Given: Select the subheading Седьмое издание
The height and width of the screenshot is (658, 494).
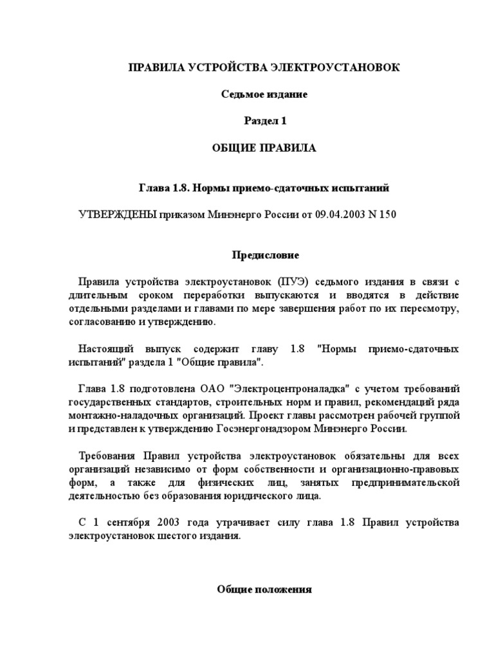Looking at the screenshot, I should point(264,94).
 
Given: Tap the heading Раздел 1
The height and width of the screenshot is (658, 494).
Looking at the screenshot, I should point(264,121).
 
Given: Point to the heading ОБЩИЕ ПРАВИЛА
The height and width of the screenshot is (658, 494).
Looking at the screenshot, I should point(264,148).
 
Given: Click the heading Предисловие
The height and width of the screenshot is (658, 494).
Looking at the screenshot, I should point(265,255).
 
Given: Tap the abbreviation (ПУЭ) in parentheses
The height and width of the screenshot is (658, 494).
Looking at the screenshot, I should point(295,282).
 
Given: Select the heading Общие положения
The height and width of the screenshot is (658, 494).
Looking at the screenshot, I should point(264,589).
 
